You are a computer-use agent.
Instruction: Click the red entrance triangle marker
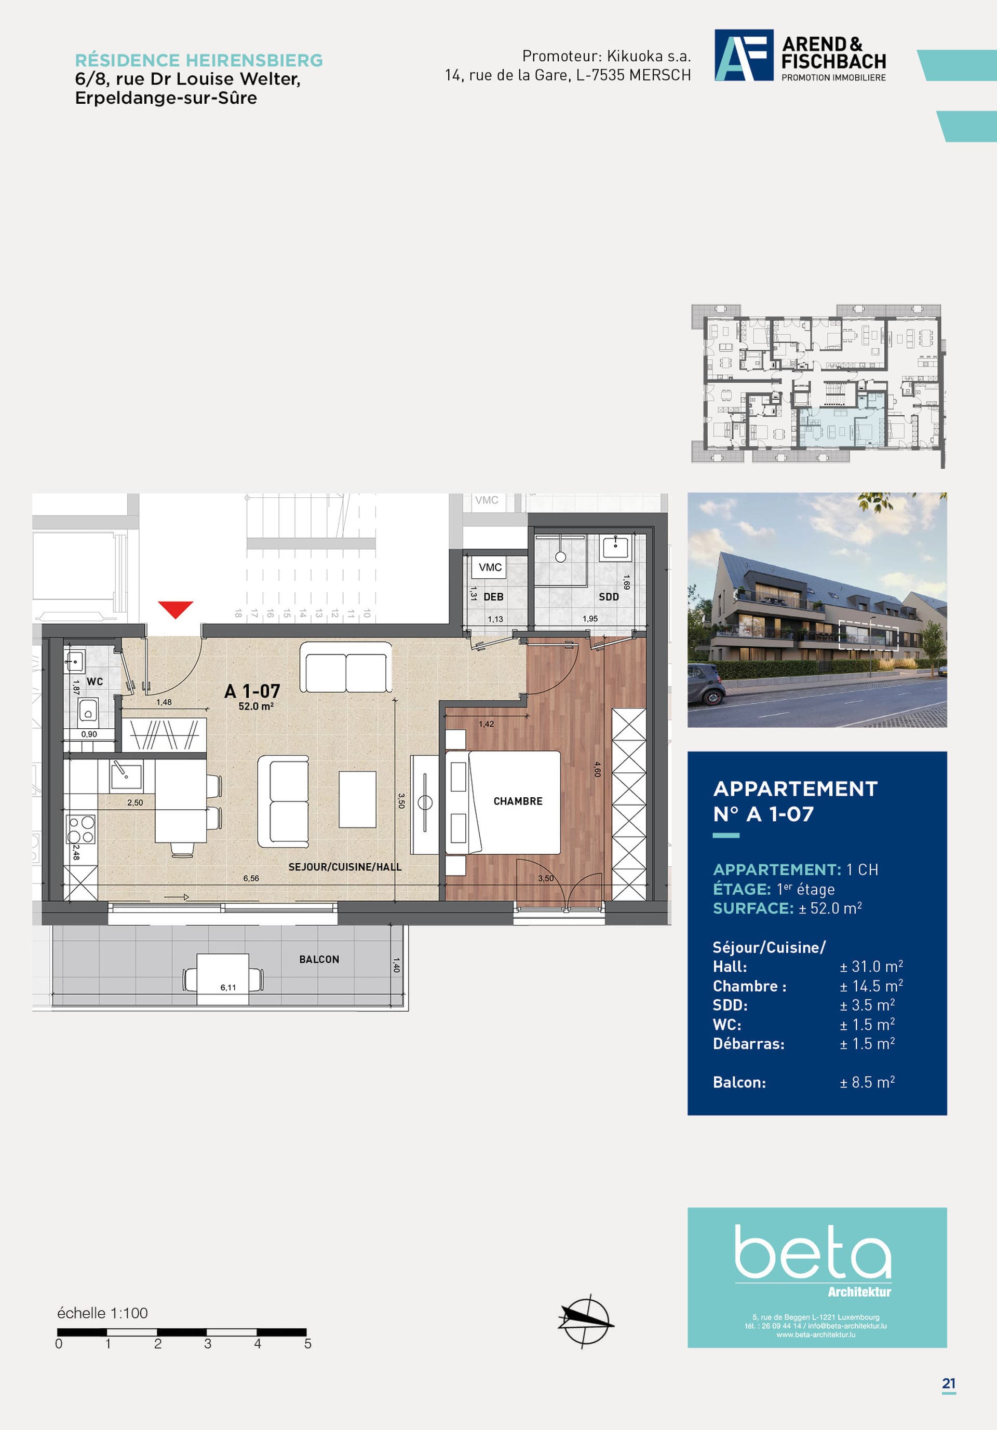click(175, 608)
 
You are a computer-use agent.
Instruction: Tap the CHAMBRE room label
click(518, 801)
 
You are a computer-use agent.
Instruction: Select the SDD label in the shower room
click(609, 597)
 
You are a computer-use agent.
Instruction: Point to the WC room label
click(95, 682)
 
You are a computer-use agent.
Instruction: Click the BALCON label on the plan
click(319, 959)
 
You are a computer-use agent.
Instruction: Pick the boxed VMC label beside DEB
click(490, 567)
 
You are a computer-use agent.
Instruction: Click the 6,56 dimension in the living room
click(251, 878)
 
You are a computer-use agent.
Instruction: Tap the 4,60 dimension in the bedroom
click(598, 769)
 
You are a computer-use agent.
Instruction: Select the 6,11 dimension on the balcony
click(228, 987)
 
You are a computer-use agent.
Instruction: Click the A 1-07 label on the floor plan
click(252, 691)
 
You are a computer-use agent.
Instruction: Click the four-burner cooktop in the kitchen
click(80, 829)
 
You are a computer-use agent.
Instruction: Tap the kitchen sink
click(126, 776)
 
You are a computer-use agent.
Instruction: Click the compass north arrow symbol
click(585, 1320)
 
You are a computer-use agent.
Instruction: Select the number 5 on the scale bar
click(308, 1343)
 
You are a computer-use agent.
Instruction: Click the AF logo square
click(744, 55)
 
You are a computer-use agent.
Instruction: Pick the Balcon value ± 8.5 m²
click(867, 1082)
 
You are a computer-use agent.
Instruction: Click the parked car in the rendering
click(707, 685)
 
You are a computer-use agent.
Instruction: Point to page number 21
click(948, 1383)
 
